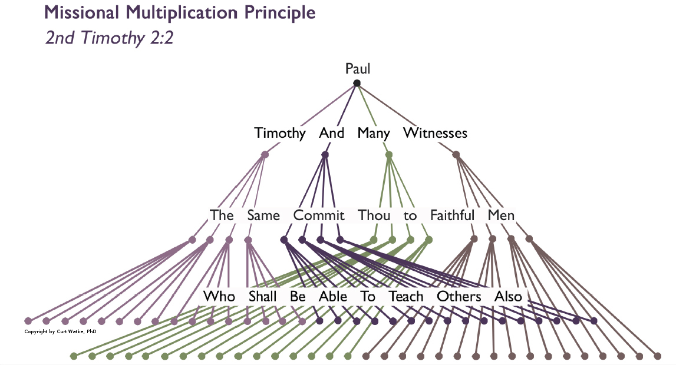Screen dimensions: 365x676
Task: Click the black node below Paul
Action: click(357, 83)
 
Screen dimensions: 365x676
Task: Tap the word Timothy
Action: click(280, 133)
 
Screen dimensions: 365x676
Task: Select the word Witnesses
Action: click(435, 133)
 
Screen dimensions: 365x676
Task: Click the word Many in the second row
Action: click(374, 133)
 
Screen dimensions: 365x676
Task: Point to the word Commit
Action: click(319, 215)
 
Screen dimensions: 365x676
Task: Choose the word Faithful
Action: click(452, 215)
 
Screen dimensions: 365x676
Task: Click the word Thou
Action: click(374, 215)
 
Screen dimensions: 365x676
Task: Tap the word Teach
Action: click(406, 296)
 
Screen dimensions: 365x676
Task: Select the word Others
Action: click(459, 296)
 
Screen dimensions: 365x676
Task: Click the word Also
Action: click(509, 296)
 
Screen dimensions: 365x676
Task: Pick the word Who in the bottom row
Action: click(219, 296)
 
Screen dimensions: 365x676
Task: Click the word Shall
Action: click(263, 296)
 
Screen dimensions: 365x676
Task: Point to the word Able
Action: click(332, 296)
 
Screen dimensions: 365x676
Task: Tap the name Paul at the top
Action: click(358, 69)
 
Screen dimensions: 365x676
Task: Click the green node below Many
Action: click(388, 155)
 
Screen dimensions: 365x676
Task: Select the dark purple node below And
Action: click(325, 155)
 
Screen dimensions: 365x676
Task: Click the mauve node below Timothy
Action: click(265, 155)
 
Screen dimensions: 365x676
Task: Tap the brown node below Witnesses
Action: click(456, 155)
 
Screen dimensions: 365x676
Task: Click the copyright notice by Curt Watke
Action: click(60, 331)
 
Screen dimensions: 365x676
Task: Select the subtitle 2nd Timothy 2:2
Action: click(109, 38)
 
